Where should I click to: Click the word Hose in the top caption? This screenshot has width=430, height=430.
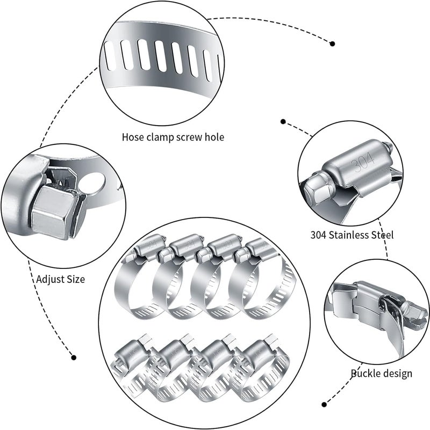point(132,137)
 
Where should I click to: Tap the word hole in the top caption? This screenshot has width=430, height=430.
point(214,137)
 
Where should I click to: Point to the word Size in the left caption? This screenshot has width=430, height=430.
point(75,279)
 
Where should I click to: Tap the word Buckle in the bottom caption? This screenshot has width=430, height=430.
point(367,373)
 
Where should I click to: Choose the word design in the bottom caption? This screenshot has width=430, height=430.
point(398,373)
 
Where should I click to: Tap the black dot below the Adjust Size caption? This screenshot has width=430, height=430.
point(74,357)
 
